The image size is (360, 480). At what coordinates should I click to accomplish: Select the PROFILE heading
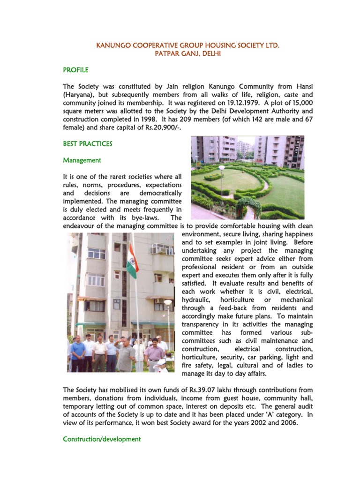pos(75,70)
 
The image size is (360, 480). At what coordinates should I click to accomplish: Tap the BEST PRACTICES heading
pos(88,143)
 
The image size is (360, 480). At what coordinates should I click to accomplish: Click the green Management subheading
pos(82,160)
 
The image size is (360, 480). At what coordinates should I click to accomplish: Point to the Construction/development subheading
pos(102,439)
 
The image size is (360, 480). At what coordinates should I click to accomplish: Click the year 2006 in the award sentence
pos(290,422)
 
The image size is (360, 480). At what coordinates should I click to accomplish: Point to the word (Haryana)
pos(78,95)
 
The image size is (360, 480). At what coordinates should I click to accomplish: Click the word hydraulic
pos(195,300)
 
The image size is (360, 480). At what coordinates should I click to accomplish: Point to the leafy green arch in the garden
pos(248,206)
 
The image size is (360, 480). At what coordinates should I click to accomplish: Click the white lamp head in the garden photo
pos(221,168)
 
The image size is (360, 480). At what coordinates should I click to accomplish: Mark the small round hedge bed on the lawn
pos(213,177)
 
